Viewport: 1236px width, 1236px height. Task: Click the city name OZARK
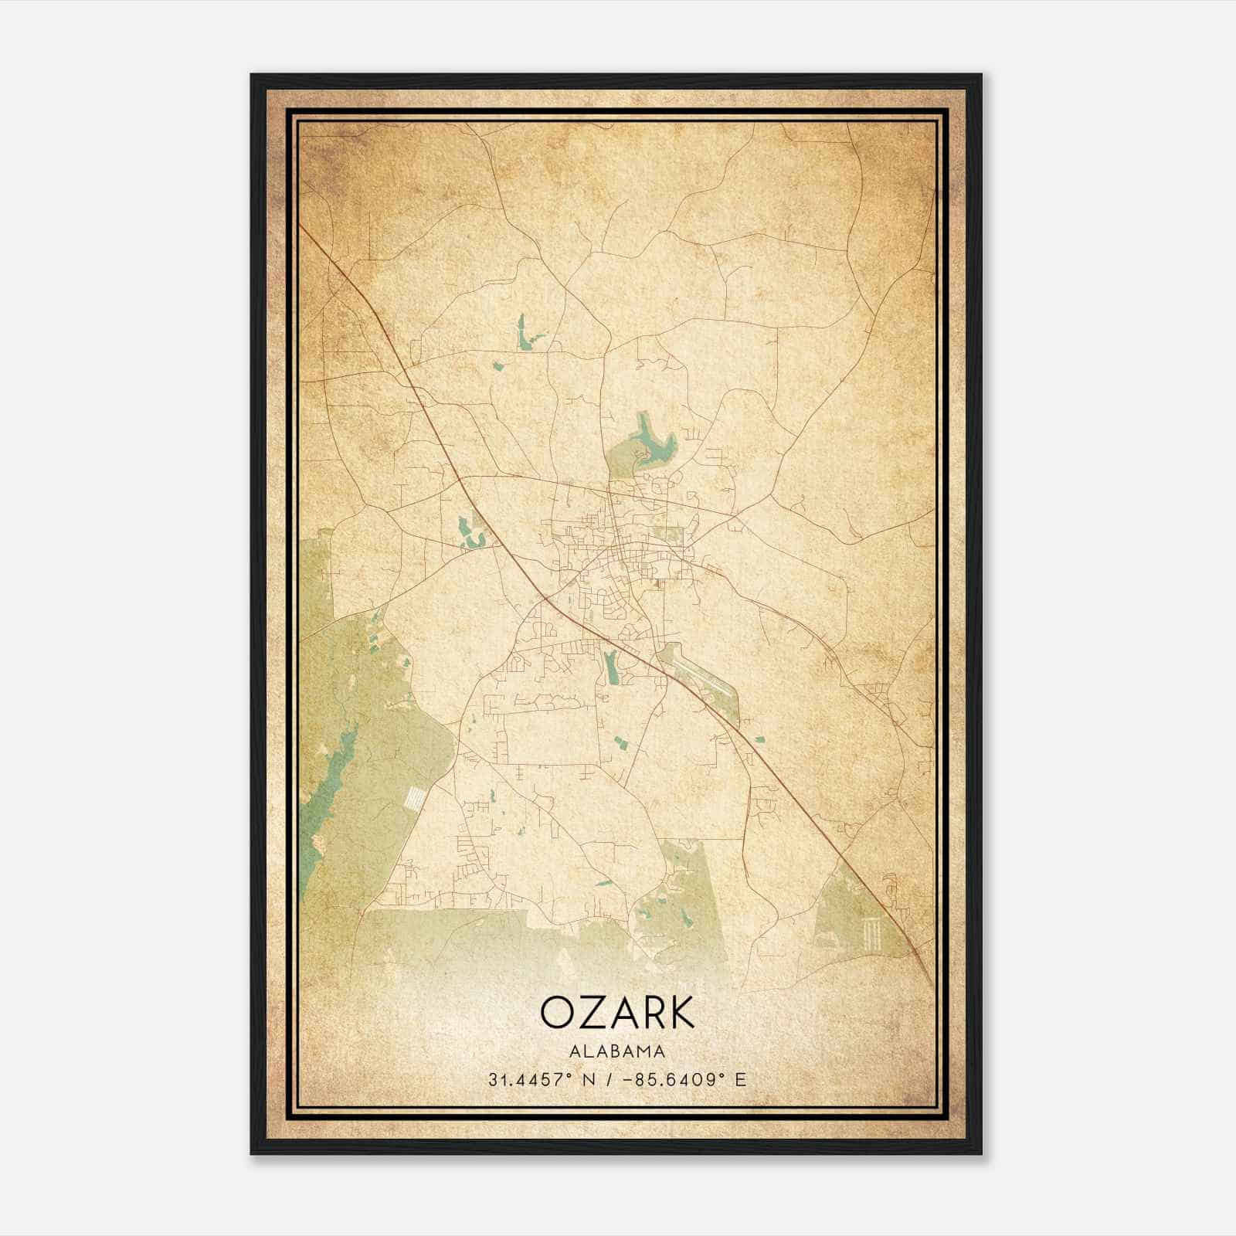[x=617, y=1012]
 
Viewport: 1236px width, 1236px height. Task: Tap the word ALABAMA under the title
[x=617, y=1051]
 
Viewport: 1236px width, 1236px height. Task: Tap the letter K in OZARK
[x=679, y=1012]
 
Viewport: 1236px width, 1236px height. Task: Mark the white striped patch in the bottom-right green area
[x=874, y=935]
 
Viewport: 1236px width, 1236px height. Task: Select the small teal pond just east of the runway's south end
[x=759, y=739]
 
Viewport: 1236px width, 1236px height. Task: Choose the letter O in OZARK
[x=556, y=1012]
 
